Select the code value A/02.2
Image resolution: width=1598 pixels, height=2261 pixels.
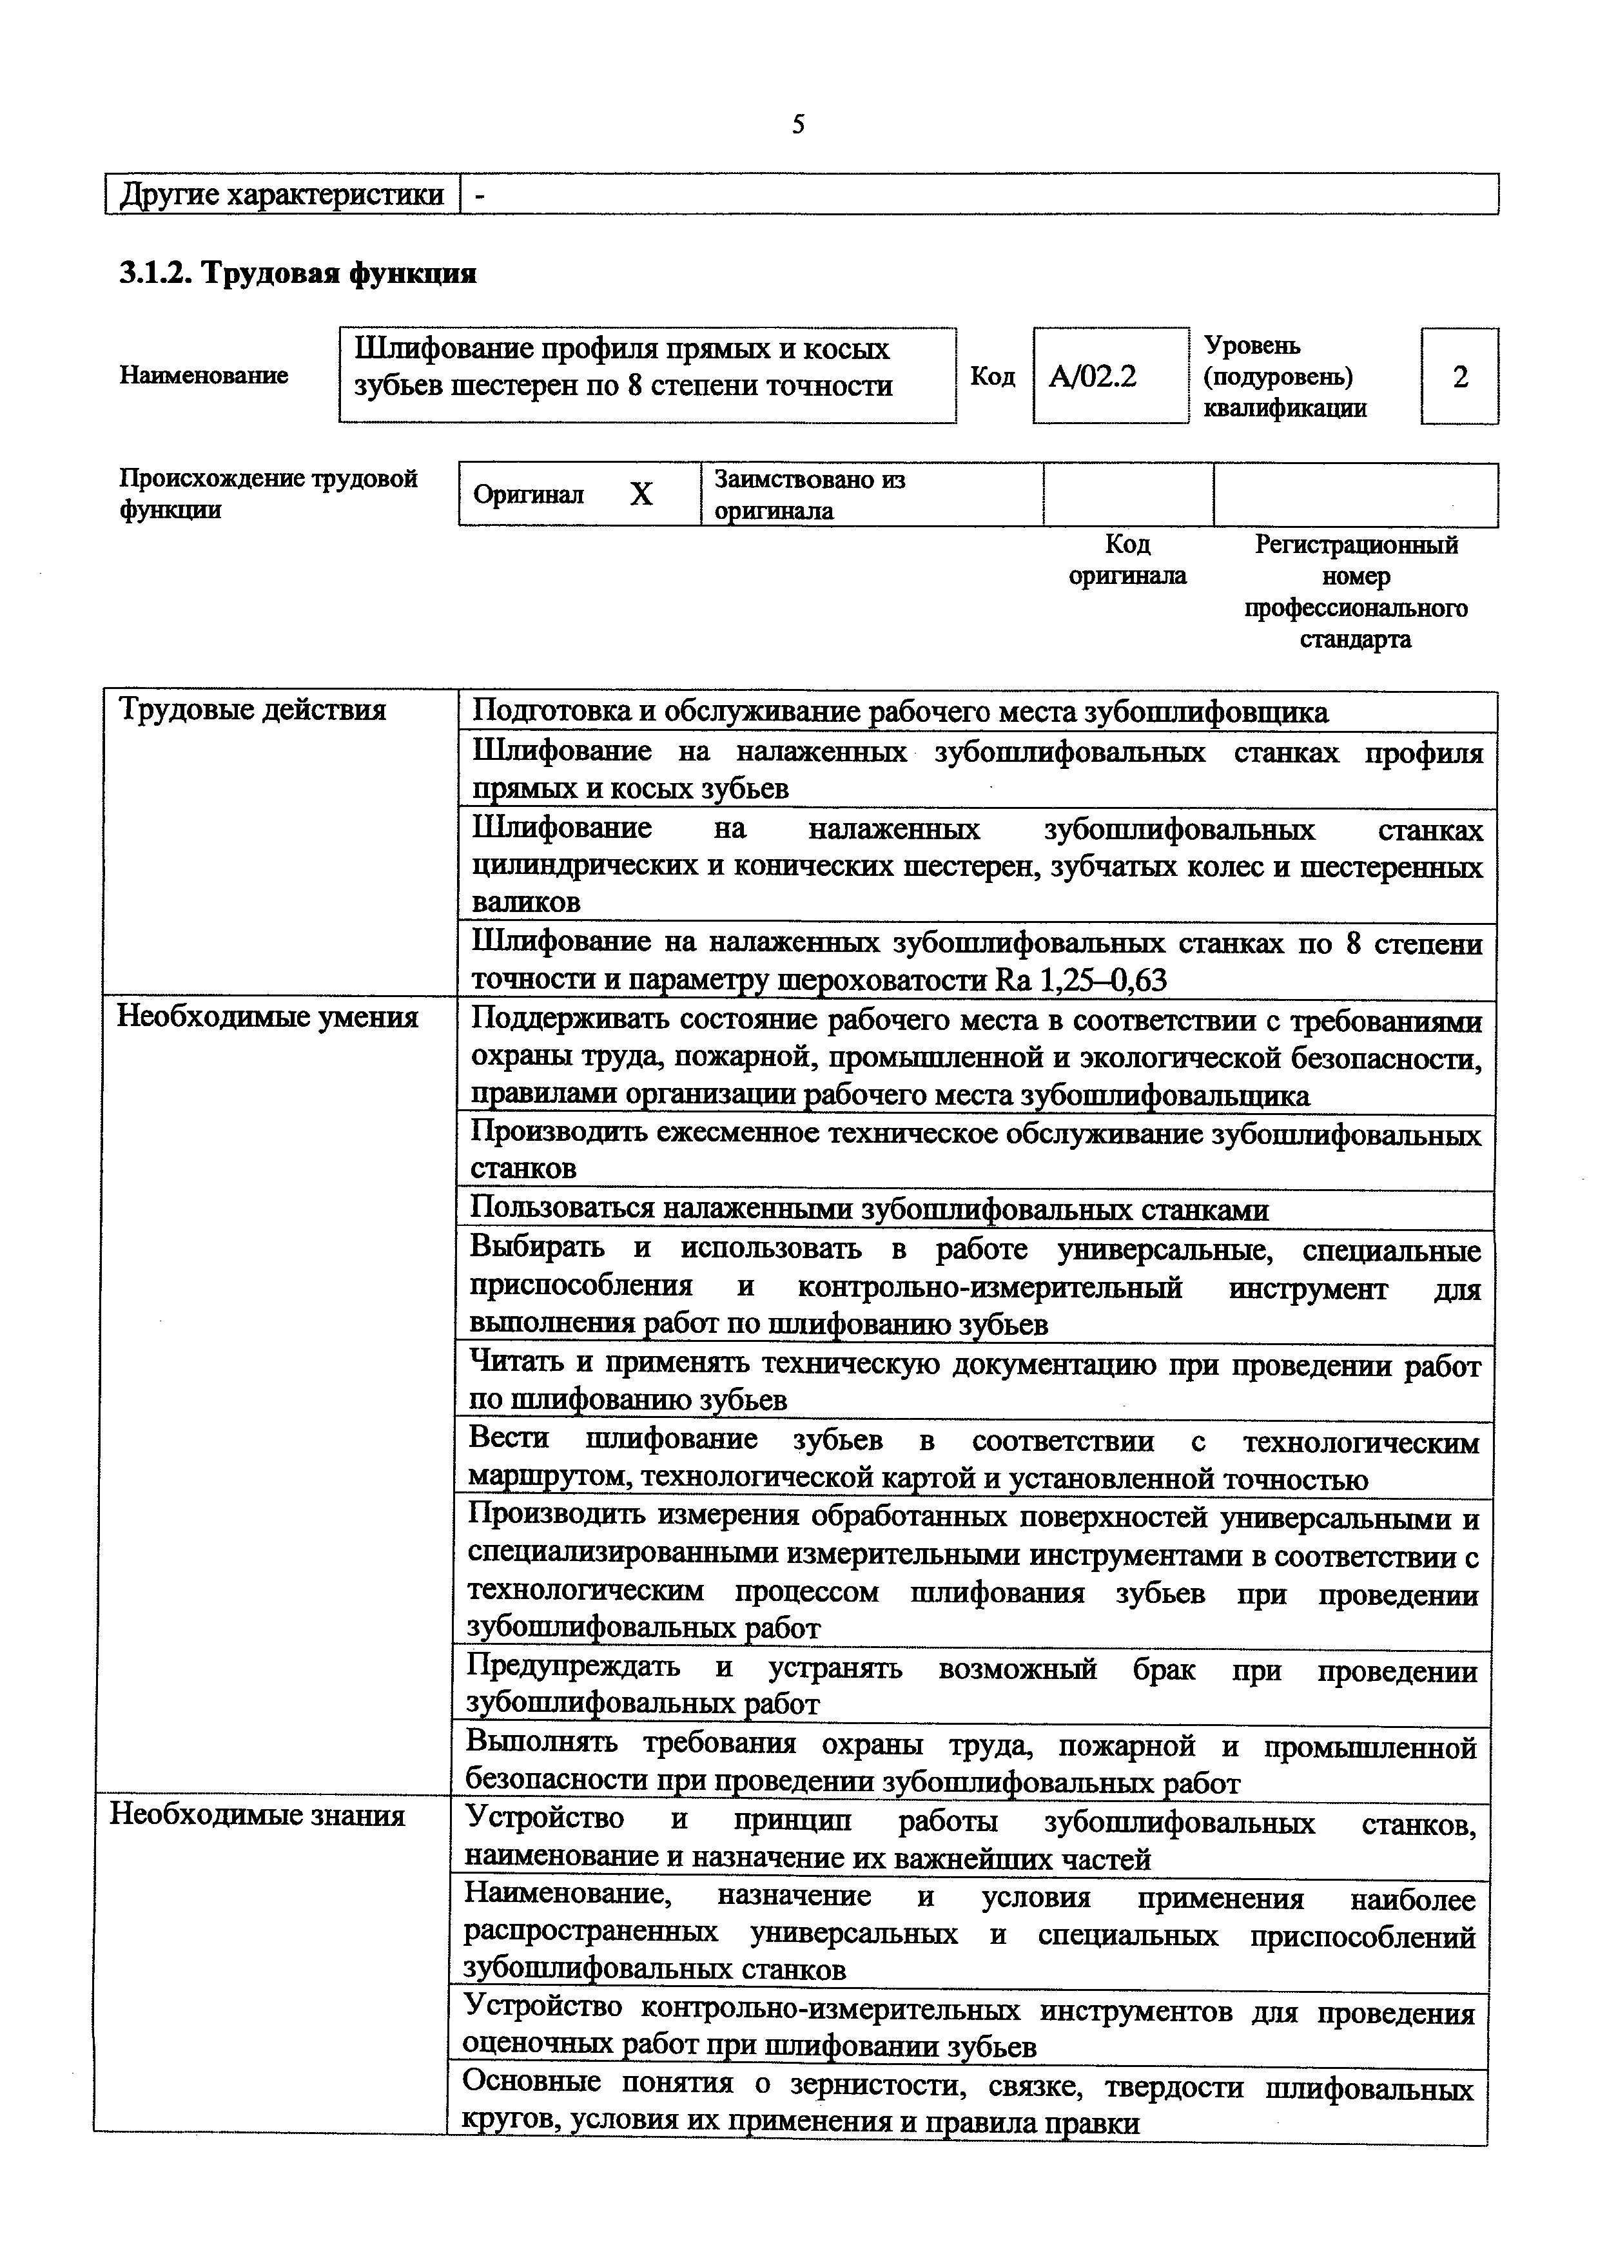coord(1092,376)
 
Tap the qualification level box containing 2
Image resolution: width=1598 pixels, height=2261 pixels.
coord(1460,376)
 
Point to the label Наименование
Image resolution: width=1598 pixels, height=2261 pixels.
coord(204,375)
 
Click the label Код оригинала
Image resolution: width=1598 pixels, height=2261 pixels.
coord(1127,559)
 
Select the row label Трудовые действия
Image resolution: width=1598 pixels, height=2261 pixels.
coord(252,710)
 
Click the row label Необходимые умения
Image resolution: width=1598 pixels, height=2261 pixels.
coord(268,1017)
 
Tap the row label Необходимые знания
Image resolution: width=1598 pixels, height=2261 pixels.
coord(257,1815)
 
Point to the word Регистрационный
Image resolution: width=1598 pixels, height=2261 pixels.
coord(1356,545)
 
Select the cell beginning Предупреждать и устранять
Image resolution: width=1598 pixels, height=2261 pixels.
coord(970,1686)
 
